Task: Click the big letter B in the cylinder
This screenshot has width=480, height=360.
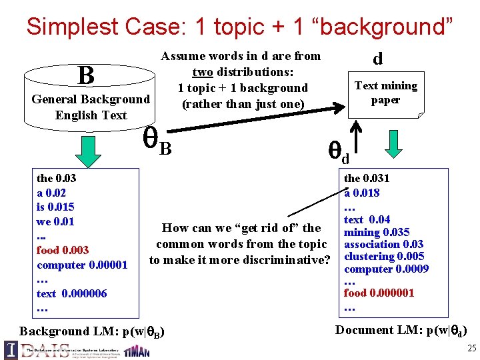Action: (85, 75)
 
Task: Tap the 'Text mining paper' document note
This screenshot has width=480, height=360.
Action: (386, 93)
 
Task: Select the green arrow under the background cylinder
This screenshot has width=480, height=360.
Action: (87, 151)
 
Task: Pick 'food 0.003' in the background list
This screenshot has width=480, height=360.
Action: (63, 251)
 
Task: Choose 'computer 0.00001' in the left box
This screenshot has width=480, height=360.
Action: (82, 265)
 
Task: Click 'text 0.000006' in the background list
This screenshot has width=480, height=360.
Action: (72, 293)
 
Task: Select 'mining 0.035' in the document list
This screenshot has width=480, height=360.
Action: (377, 232)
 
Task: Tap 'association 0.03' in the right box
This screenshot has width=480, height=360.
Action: (383, 244)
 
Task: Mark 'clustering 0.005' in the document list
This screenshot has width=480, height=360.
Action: (383, 257)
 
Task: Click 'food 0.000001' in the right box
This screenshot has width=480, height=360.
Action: (379, 293)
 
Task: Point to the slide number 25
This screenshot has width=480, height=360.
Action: (471, 349)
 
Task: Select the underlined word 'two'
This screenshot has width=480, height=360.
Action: (203, 72)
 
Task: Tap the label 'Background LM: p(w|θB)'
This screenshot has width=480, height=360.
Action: (93, 331)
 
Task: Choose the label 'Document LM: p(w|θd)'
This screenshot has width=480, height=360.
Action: (401, 330)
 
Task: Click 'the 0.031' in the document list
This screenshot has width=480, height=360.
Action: (367, 178)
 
